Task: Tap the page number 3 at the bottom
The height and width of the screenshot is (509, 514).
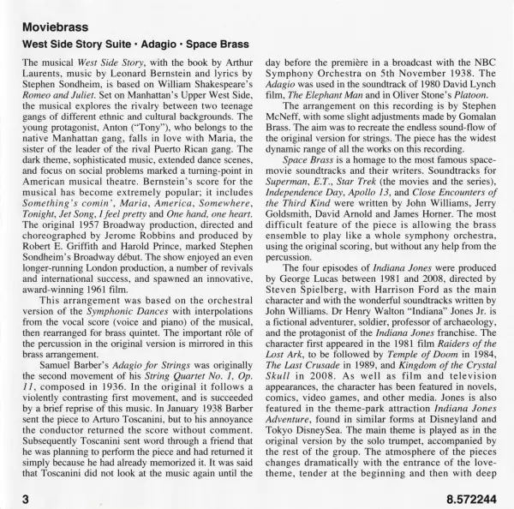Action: (27, 496)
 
